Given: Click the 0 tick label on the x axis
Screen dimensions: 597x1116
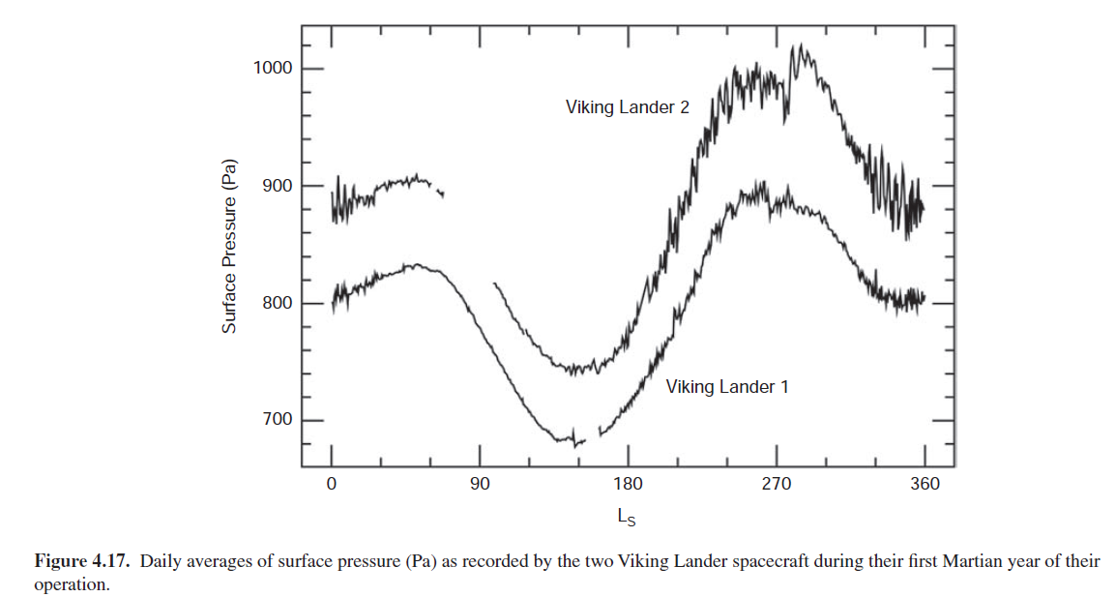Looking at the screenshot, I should pyautogui.click(x=331, y=484).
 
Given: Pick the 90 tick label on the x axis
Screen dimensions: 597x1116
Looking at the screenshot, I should pyautogui.click(x=480, y=484).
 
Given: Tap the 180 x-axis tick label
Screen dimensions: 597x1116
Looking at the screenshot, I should pyautogui.click(x=628, y=484).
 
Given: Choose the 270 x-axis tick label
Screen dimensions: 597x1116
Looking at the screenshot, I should pyautogui.click(x=777, y=484).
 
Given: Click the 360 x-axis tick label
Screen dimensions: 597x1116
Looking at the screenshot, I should pyautogui.click(x=925, y=484).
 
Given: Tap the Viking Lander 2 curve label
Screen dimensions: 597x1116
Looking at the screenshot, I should pyautogui.click(x=628, y=107).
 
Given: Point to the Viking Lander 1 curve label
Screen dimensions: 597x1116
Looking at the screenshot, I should pyautogui.click(x=727, y=387).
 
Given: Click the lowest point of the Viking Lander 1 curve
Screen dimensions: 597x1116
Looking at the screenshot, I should pyautogui.click(x=575, y=446).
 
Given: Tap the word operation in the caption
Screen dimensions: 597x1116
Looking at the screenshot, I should pyautogui.click(x=70, y=585).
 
